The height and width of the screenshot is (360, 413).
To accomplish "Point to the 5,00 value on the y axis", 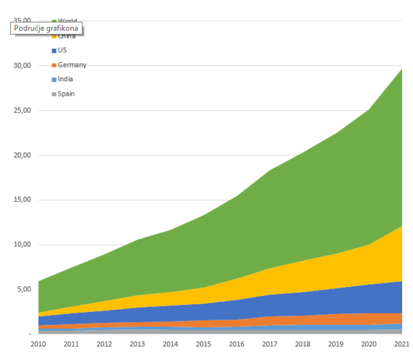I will pos(25,289).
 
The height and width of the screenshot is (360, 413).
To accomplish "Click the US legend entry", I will pos(62,50).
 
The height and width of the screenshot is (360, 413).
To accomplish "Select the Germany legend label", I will pos(72,65).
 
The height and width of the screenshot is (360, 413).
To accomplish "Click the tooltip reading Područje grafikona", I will pos(47,28).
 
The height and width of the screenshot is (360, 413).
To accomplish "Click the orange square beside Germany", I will pos(54,65).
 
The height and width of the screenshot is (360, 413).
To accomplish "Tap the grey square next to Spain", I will pos(54,93).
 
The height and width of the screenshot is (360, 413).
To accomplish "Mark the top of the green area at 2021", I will pos(402,69).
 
